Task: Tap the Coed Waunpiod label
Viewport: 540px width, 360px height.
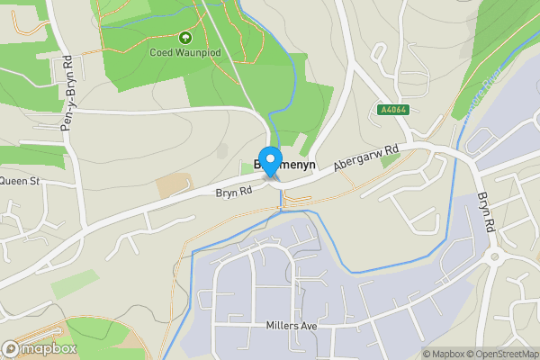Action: point(185,51)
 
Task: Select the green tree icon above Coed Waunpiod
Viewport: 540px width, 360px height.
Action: point(185,38)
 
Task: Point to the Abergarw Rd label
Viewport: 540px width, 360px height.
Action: point(364,158)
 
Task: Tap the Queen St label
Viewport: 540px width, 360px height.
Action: point(20,181)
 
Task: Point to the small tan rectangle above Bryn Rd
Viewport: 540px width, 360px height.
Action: point(174,185)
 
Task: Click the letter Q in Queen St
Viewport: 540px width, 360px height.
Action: point(4,181)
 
